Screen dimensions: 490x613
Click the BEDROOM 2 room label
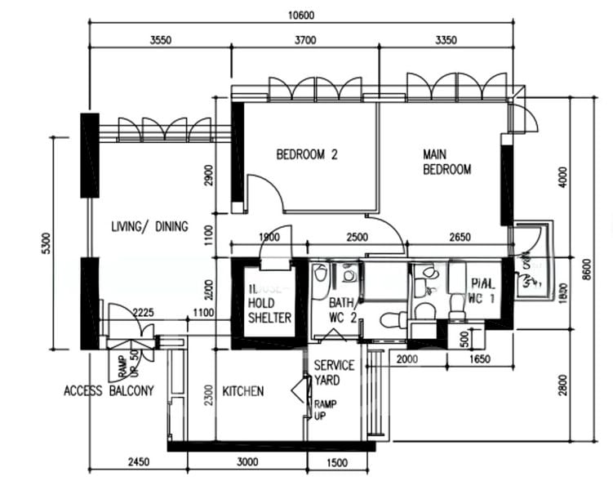pyautogui.click(x=306, y=154)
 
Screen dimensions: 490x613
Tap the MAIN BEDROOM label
pyautogui.click(x=446, y=162)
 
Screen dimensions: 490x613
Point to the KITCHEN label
pyautogui.click(x=243, y=391)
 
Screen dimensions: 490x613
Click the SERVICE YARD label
pyautogui.click(x=334, y=372)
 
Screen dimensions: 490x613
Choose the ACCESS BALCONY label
pyautogui.click(x=109, y=391)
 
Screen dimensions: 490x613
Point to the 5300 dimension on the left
pyautogui.click(x=47, y=243)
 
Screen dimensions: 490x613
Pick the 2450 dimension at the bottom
pyautogui.click(x=138, y=462)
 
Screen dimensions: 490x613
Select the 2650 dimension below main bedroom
pyautogui.click(x=460, y=238)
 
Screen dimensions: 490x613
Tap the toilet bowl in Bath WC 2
pyautogui.click(x=390, y=317)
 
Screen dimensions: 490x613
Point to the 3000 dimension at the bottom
pyautogui.click(x=247, y=462)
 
